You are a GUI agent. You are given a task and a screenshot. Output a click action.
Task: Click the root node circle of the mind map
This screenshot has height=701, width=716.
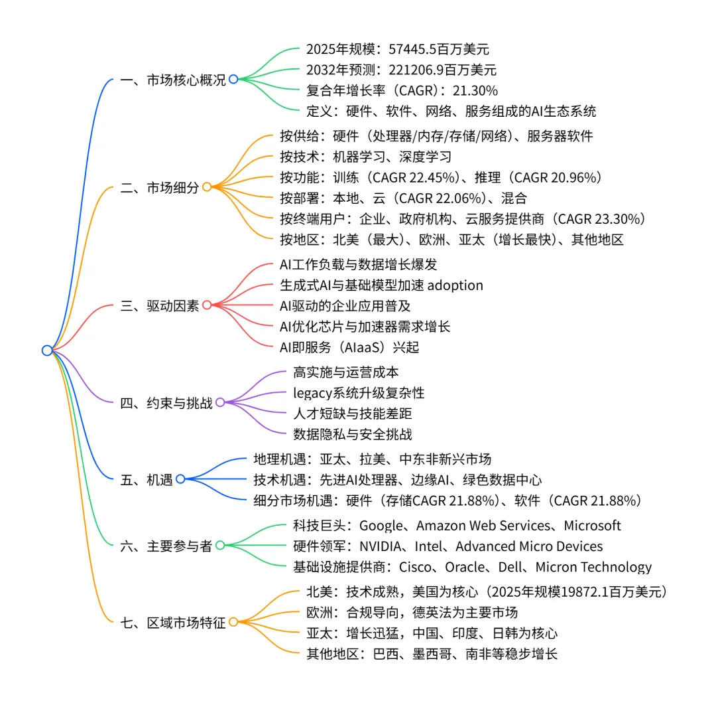[x=46, y=350]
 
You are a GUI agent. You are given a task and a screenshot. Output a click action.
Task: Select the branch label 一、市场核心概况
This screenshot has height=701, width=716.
[x=173, y=80]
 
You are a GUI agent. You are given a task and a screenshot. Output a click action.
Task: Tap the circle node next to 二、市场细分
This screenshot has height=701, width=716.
[x=207, y=187]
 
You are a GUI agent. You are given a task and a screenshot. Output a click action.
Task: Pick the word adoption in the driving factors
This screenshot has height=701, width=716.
[x=455, y=285]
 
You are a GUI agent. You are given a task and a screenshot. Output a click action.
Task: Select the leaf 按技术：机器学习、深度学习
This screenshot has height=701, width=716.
[x=366, y=157]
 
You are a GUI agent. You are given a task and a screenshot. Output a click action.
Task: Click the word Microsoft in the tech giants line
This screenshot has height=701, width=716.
[x=592, y=526]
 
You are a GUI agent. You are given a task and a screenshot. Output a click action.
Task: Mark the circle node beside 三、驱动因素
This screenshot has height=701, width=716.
[x=207, y=305]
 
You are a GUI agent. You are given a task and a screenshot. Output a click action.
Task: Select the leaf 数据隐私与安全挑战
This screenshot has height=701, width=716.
[x=353, y=434]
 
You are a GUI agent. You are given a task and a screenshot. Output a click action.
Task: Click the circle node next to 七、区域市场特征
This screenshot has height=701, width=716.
[x=233, y=623]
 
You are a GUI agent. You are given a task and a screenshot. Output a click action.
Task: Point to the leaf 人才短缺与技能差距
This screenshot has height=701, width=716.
[x=353, y=414]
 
